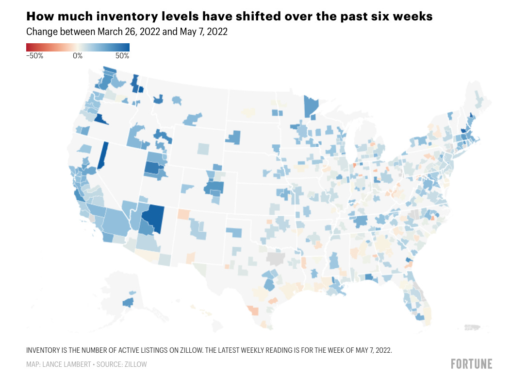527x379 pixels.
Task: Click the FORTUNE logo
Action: (x=471, y=364)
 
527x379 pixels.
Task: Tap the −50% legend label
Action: (x=35, y=56)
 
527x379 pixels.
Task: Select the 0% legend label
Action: (x=78, y=56)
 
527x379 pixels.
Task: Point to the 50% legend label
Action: (x=122, y=56)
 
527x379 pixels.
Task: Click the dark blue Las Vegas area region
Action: (x=156, y=217)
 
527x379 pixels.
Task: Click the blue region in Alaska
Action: (x=128, y=303)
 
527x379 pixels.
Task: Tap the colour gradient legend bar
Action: (x=78, y=47)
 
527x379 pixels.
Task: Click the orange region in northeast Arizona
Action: (x=183, y=214)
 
